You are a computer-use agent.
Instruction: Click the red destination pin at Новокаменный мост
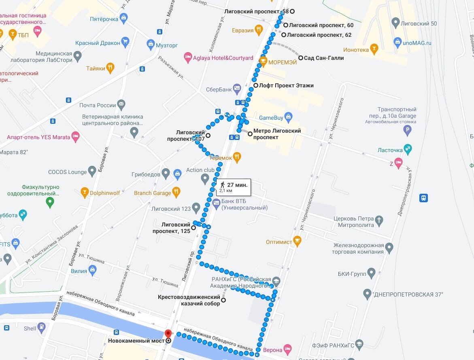click(168, 334)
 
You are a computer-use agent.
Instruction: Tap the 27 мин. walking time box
click(233, 187)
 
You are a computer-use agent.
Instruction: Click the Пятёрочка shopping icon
click(124, 17)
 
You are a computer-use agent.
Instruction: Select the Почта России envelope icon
click(121, 104)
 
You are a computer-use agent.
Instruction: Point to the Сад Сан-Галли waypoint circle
click(301, 58)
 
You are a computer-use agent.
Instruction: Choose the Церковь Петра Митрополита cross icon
click(379, 220)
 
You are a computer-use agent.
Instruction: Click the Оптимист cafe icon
click(297, 241)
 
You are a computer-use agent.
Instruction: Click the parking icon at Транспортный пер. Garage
click(408, 130)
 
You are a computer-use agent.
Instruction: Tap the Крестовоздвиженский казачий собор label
click(189, 300)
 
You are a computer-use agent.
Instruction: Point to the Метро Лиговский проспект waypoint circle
click(250, 134)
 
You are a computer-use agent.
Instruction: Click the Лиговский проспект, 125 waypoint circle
click(193, 227)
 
